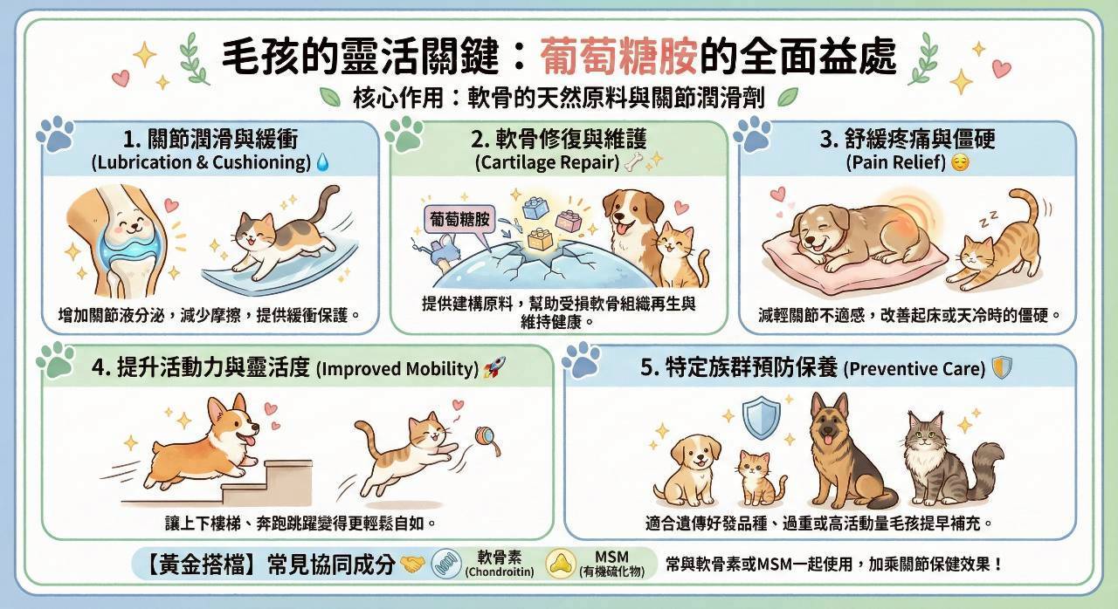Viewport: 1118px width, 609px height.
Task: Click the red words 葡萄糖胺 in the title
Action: coord(618,55)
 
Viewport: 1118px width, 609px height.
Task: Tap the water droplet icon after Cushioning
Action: coord(323,162)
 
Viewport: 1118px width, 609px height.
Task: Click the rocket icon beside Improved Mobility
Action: coord(494,367)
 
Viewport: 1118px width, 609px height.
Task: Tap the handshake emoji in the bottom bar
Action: coord(413,564)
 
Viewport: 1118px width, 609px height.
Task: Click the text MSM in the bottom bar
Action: coord(612,557)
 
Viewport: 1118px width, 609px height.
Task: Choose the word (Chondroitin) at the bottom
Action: coord(499,571)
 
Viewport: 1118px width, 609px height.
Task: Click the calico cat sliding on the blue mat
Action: coord(285,232)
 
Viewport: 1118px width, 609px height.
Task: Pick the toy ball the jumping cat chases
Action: coord(485,437)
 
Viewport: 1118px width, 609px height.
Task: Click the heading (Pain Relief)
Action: coord(896,162)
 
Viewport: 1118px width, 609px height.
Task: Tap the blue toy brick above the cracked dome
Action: coord(535,208)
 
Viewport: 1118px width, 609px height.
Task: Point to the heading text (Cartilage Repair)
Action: coord(548,162)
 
